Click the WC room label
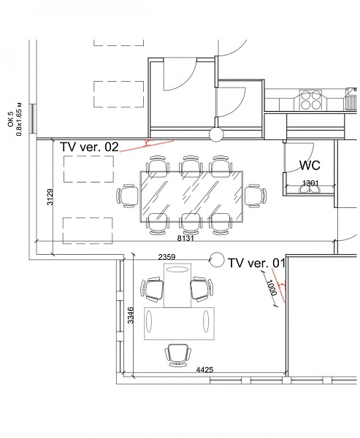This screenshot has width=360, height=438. [310, 165]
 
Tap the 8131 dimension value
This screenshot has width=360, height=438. [185, 238]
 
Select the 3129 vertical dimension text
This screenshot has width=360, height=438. [50, 197]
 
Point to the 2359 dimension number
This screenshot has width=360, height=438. [167, 257]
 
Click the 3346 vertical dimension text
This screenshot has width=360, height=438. [130, 315]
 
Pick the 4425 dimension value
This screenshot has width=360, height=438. [204, 370]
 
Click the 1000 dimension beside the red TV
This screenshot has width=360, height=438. [271, 288]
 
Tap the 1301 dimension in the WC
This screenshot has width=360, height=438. [310, 183]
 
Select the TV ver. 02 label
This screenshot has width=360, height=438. [89, 147]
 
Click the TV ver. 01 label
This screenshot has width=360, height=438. [256, 263]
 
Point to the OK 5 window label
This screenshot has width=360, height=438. [11, 119]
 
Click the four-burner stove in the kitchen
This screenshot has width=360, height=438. [311, 100]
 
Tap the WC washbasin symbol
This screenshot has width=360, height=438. [309, 190]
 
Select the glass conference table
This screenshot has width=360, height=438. [191, 196]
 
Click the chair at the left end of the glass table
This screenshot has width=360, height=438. [128, 196]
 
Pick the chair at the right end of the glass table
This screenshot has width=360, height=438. [256, 196]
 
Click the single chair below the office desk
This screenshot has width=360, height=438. [178, 355]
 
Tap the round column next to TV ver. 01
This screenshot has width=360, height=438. [217, 260]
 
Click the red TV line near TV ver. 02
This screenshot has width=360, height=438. [147, 146]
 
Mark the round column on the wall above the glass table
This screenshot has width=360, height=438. [216, 134]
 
